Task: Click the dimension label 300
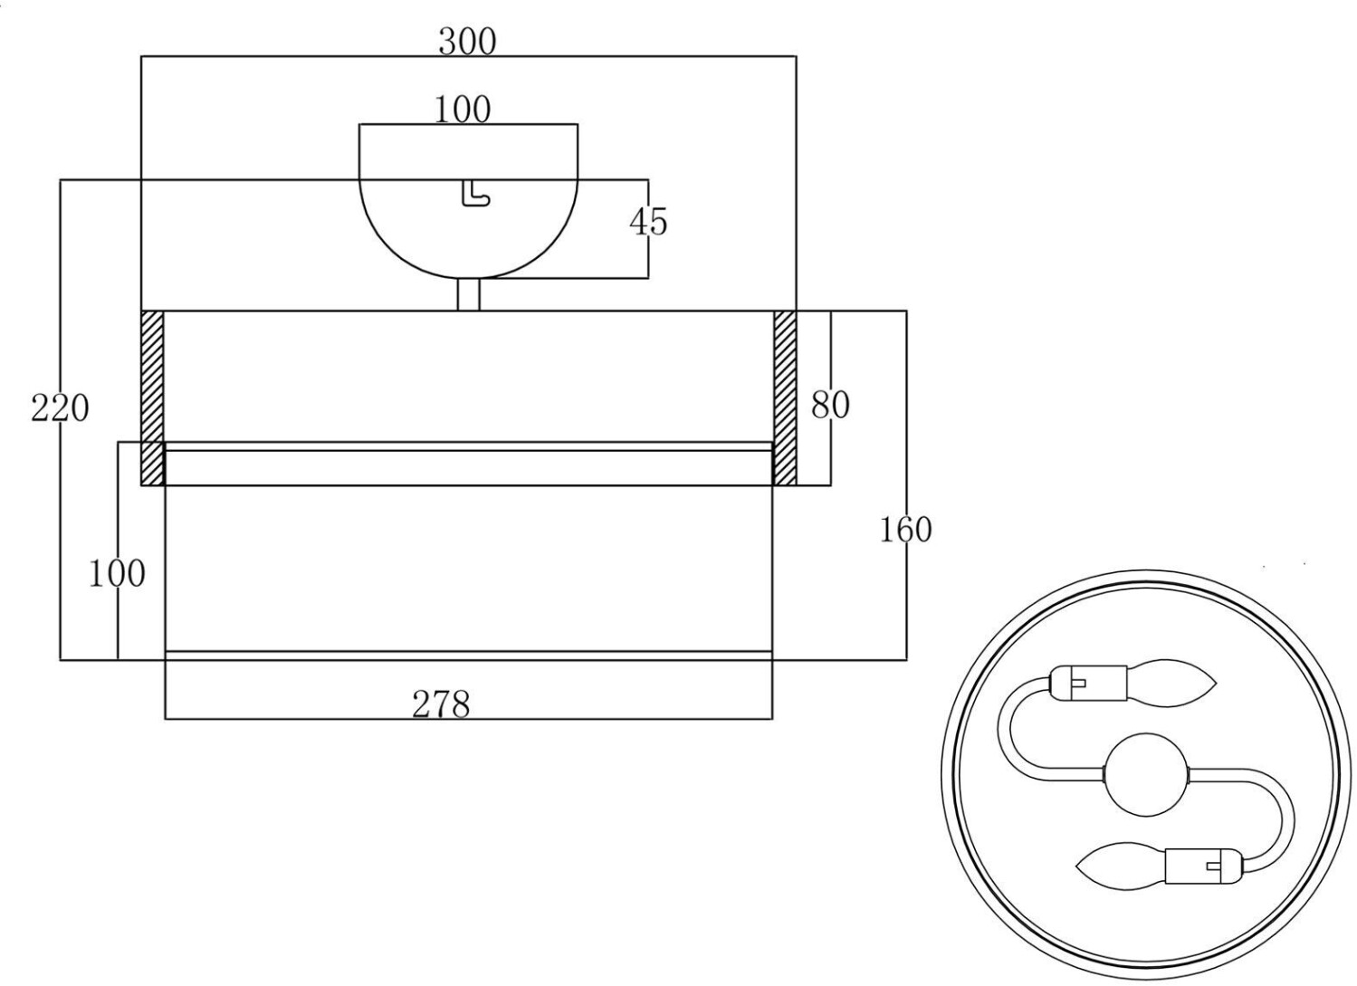point(467,43)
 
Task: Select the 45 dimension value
point(648,222)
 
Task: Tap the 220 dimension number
point(60,408)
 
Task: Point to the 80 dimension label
point(830,405)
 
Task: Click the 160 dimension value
point(905,531)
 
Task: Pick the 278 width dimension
point(441,704)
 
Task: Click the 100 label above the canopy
point(463,110)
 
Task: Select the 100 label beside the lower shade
point(117,573)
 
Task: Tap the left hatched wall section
point(152,398)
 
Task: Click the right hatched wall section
point(785,398)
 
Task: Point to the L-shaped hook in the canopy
point(475,194)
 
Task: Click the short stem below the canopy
point(468,294)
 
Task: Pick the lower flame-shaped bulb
point(1121,866)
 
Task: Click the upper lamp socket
point(1088,684)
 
